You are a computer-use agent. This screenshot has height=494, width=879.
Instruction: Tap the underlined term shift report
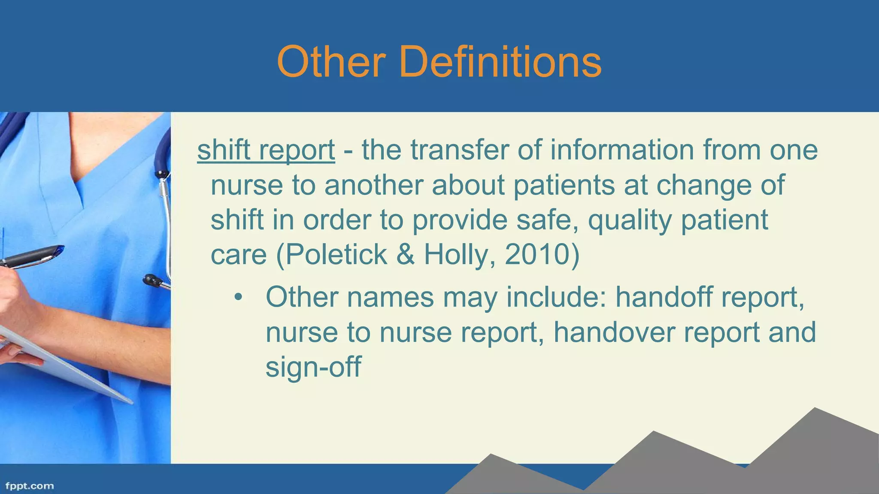[266, 151]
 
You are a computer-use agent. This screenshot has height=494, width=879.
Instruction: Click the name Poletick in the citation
[336, 255]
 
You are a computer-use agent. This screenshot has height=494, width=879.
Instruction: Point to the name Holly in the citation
[455, 255]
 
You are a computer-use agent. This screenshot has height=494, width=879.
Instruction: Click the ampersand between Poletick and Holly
[405, 255]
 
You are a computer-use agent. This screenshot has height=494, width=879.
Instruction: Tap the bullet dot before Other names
[238, 297]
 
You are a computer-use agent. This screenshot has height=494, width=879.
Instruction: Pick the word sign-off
[313, 367]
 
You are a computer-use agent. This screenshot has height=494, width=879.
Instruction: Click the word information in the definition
[622, 150]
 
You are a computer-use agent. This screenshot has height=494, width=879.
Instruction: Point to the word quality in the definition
[630, 220]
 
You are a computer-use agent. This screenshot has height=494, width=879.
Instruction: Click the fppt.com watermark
[30, 486]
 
